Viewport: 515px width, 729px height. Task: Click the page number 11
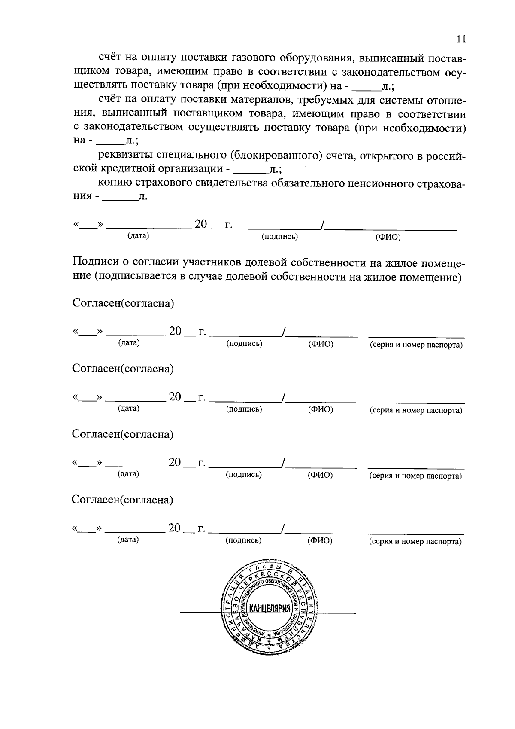click(461, 39)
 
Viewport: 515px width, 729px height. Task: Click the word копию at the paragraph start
click(115, 183)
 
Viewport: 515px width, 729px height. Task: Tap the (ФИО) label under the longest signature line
click(388, 237)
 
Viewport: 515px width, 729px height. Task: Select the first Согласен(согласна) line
click(123, 303)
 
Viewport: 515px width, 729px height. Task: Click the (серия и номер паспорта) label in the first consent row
click(416, 345)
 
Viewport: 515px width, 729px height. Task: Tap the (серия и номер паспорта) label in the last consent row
click(415, 542)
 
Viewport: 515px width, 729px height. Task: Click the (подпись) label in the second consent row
click(244, 409)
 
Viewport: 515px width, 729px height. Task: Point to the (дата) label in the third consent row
click(128, 474)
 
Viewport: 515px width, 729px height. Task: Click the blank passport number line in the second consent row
click(416, 402)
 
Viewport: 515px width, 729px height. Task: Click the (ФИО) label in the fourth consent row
click(320, 541)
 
